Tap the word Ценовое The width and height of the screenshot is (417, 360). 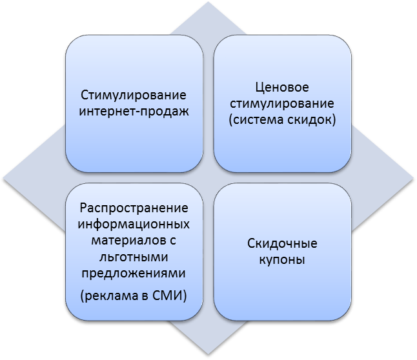(283, 88)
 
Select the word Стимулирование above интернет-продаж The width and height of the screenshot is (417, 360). (134, 95)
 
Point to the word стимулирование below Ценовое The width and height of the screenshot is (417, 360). (283, 103)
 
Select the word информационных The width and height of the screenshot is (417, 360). (134, 225)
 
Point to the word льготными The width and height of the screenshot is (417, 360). (134, 257)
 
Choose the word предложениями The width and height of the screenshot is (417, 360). (134, 273)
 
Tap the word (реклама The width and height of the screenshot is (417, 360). (111, 296)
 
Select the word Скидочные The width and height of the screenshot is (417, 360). (283, 245)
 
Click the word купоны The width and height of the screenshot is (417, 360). (283, 261)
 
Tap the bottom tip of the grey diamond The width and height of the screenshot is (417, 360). (208, 356)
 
